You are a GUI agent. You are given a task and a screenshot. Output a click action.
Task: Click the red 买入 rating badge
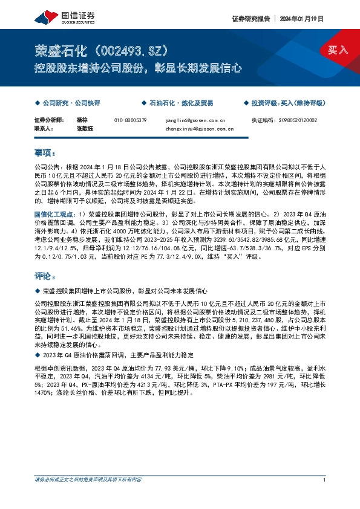(338, 50)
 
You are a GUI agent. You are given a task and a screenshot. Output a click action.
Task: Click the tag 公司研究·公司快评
(68, 103)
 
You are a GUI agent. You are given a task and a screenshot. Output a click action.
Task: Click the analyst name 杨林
(82, 120)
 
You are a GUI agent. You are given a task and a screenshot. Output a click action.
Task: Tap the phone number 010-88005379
(130, 120)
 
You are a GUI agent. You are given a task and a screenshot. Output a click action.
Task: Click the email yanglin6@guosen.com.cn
(195, 120)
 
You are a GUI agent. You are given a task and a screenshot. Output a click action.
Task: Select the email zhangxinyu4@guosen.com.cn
(200, 129)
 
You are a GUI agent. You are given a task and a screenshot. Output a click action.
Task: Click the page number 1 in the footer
(325, 497)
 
